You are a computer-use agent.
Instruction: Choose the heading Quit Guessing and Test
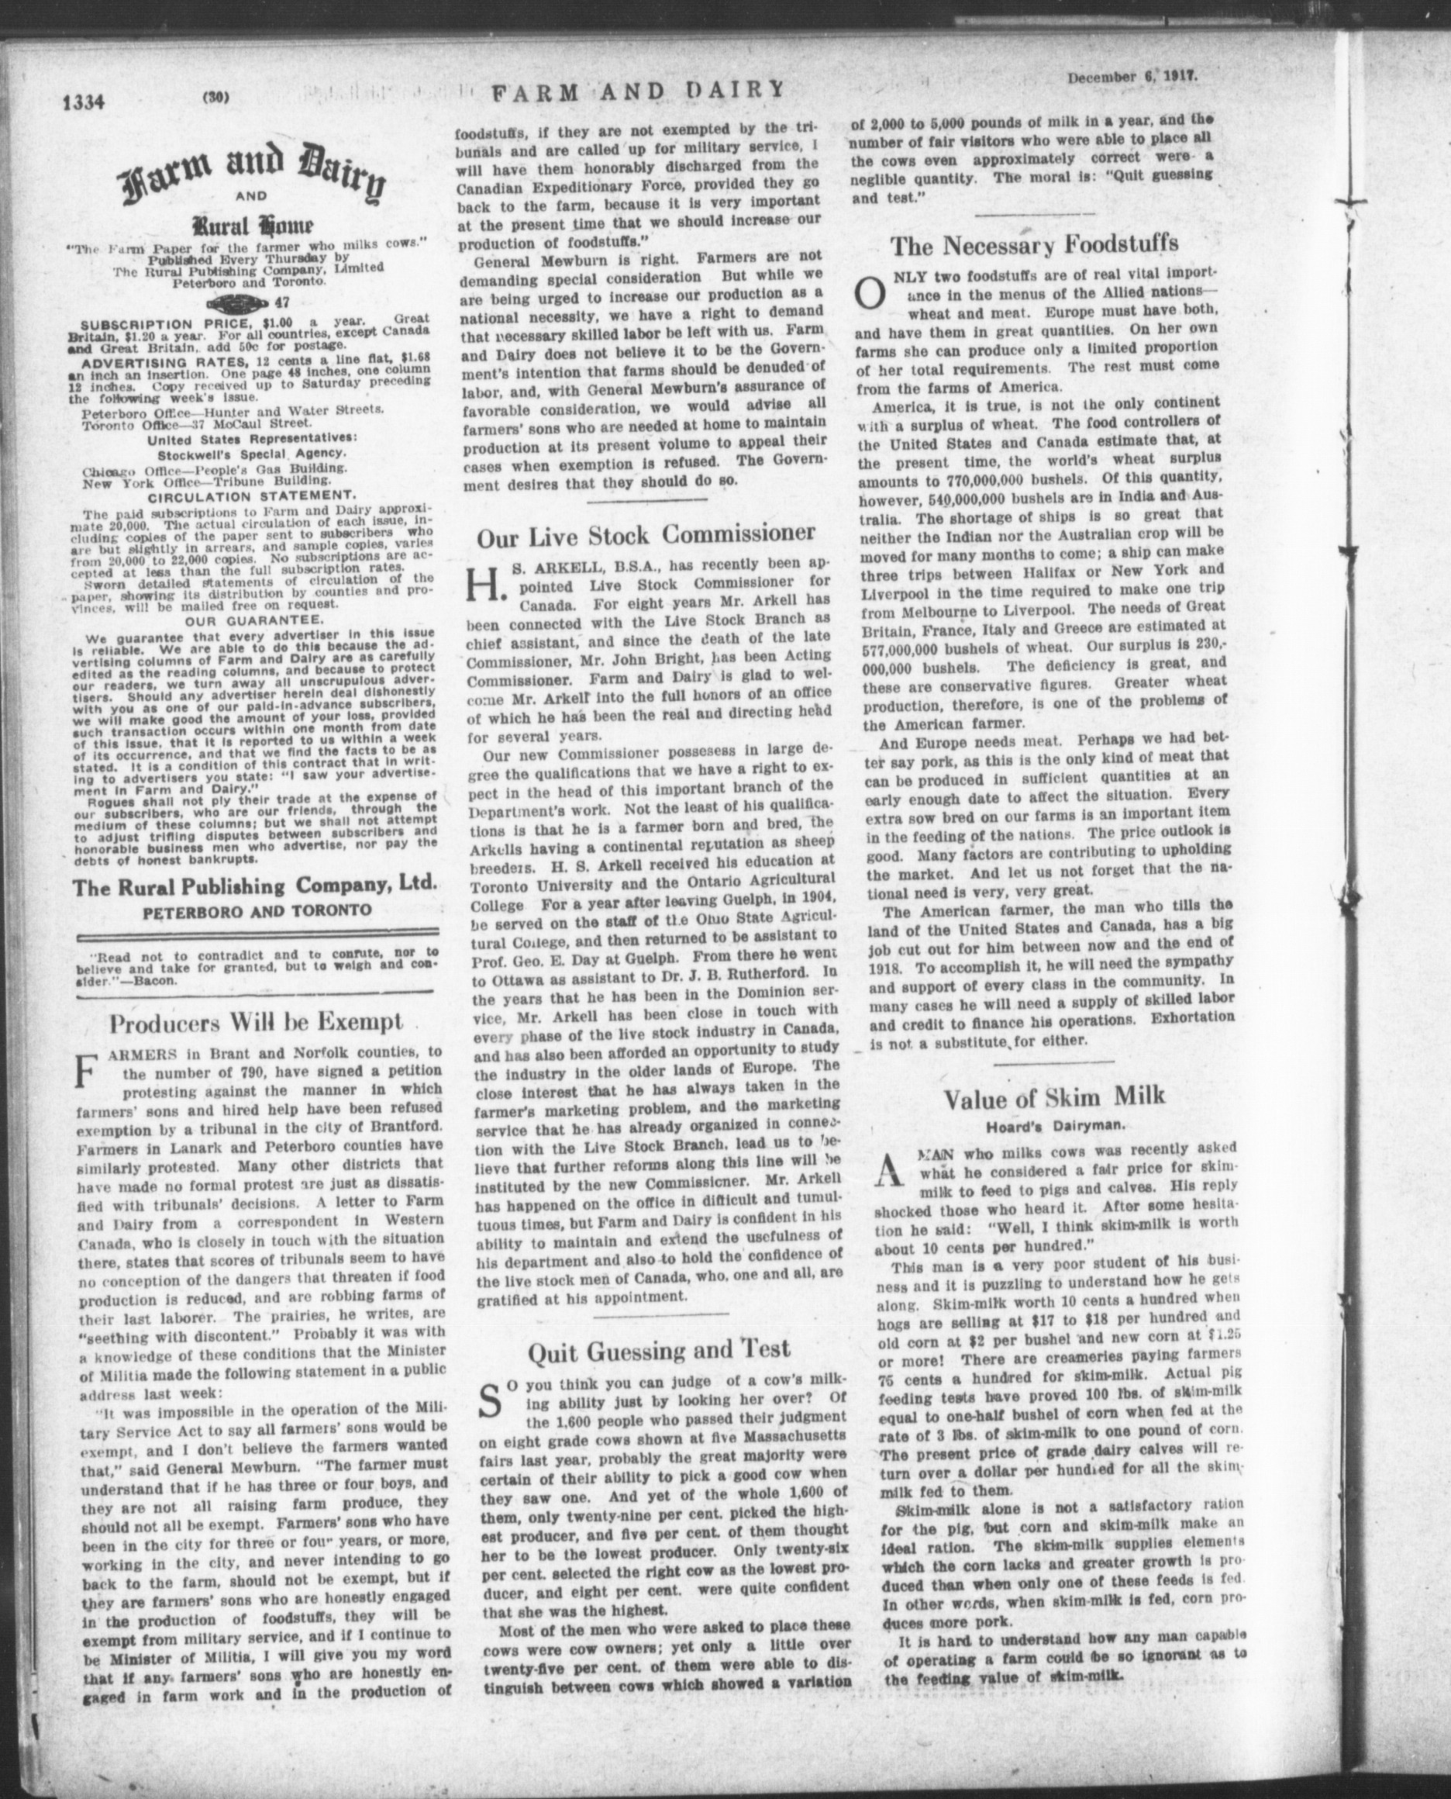tap(659, 1349)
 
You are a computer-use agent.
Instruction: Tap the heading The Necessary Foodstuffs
tap(1034, 244)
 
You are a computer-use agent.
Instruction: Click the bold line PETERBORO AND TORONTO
tap(257, 910)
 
